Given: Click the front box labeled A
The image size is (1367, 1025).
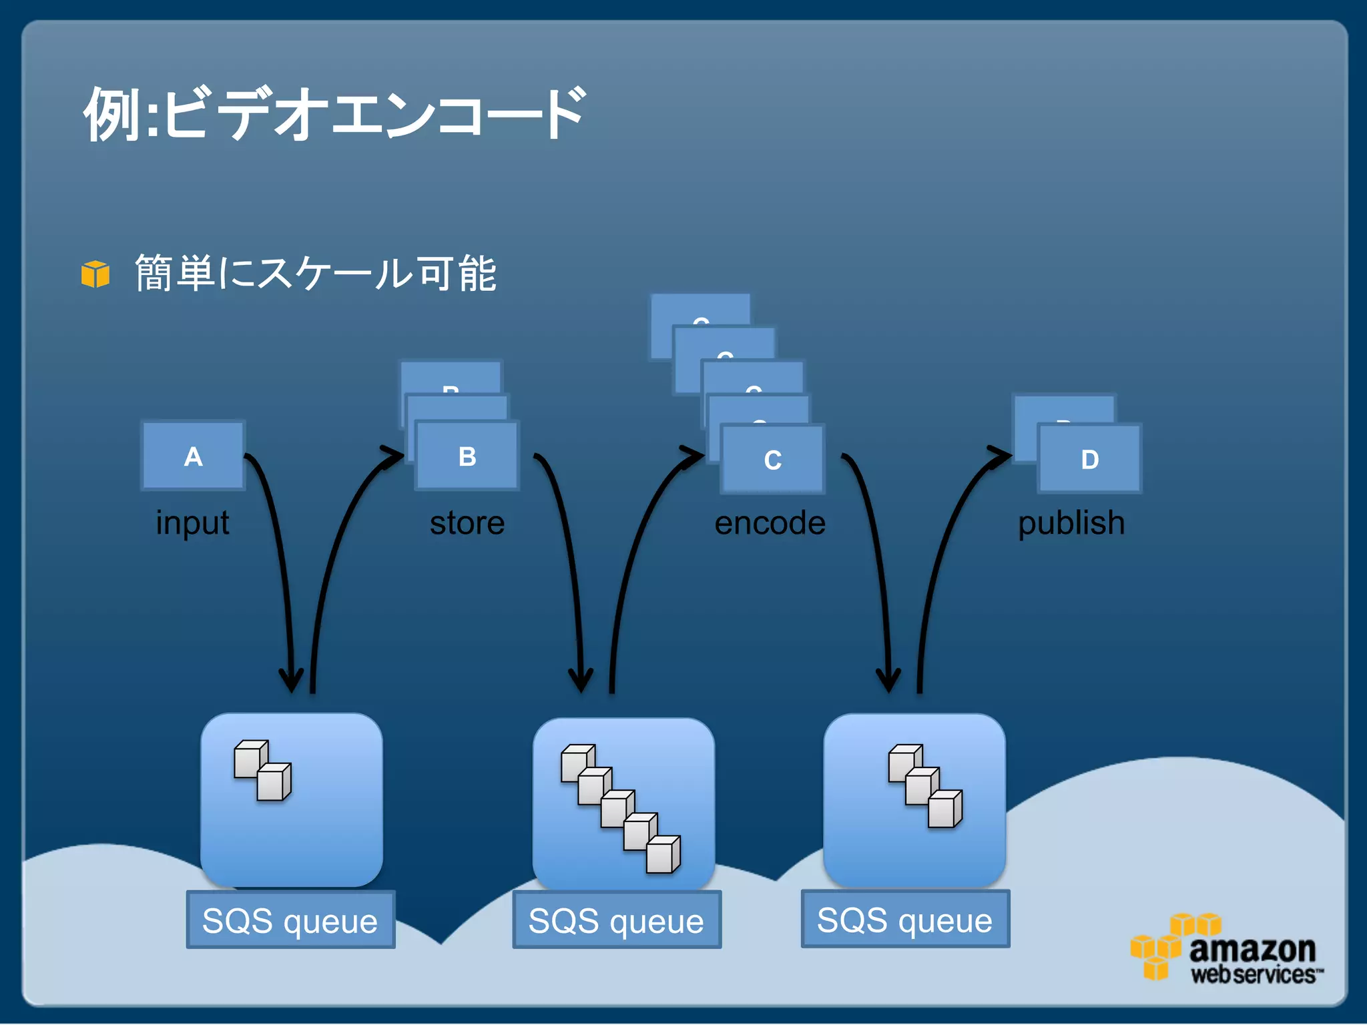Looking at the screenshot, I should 193,456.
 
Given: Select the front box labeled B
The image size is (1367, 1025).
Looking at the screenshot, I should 467,456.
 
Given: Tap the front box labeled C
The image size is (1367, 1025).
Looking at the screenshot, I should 772,460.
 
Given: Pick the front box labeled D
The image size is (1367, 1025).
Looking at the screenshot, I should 1089,459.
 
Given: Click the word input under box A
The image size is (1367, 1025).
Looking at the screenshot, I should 192,523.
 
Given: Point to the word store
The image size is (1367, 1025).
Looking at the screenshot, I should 467,523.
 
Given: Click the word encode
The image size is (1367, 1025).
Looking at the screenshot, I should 770,523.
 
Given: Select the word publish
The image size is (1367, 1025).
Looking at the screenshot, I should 1071,523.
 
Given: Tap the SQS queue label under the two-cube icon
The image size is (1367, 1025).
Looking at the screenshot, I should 290,920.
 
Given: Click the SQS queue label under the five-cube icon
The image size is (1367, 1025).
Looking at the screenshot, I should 616,920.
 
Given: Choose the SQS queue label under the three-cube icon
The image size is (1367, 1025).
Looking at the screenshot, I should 904,920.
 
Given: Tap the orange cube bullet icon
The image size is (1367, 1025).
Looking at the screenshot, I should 95,274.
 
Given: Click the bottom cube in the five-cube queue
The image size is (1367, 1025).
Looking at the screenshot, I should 663,855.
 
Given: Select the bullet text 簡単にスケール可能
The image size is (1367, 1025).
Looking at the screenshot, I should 315,274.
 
